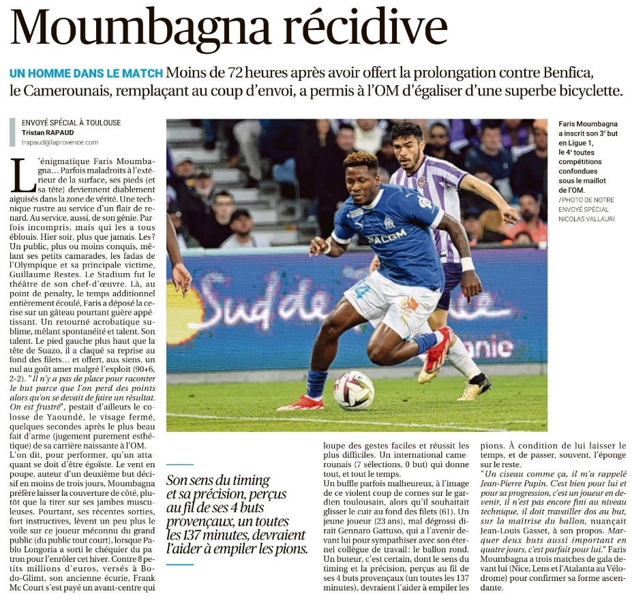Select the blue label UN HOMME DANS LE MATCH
(x=86, y=74)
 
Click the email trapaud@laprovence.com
(x=60, y=142)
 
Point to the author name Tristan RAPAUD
(x=49, y=132)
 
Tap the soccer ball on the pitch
(x=353, y=390)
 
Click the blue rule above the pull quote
(x=180, y=464)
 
